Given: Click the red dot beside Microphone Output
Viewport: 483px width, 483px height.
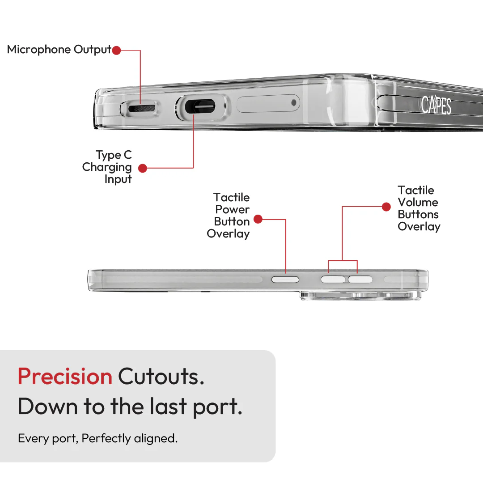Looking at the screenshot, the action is (116, 50).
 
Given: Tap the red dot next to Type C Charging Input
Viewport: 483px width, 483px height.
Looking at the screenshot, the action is (142, 168).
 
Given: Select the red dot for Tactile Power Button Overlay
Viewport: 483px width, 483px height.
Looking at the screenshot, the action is (258, 219).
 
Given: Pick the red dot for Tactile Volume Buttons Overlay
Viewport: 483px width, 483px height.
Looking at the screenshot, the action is (386, 207).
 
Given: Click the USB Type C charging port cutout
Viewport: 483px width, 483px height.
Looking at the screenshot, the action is (199, 106).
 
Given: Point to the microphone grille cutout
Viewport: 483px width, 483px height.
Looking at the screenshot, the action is (141, 108).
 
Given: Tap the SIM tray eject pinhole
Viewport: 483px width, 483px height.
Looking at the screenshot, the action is (293, 102).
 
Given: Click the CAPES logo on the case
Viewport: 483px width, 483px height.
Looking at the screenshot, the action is (436, 105).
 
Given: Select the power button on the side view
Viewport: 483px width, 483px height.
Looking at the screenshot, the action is (285, 280).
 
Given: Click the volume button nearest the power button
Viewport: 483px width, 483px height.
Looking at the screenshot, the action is (333, 280).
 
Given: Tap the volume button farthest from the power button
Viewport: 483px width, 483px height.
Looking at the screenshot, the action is (360, 280).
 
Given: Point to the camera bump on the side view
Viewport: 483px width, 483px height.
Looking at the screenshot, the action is (361, 296).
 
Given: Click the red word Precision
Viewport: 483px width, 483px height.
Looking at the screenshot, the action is (65, 376).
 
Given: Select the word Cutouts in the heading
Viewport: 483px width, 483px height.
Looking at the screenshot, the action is (161, 376).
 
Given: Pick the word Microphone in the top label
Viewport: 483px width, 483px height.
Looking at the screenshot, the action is (39, 49).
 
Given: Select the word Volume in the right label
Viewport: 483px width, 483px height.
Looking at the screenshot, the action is (418, 203).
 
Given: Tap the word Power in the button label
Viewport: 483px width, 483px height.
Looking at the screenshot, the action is (232, 209).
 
